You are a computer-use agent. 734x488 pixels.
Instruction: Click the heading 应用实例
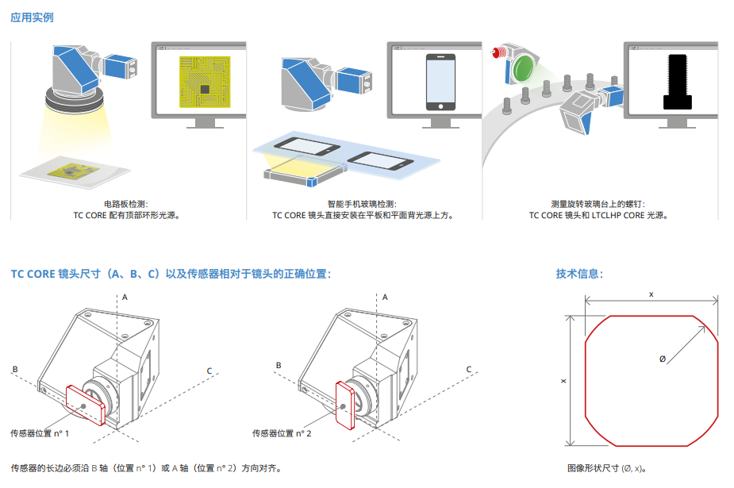[32, 17]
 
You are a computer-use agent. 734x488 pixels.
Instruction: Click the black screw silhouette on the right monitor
[677, 81]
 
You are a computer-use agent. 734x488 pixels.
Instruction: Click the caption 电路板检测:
[126, 204]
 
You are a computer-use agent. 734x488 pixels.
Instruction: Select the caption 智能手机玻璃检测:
[362, 204]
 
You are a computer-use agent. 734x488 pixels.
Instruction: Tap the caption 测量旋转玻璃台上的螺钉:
[598, 204]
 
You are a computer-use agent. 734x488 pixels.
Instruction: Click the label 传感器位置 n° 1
[40, 433]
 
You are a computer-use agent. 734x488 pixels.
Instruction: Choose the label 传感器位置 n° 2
[282, 433]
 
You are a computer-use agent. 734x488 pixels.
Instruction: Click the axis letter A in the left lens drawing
[125, 296]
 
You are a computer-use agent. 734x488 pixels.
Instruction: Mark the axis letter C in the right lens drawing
[469, 370]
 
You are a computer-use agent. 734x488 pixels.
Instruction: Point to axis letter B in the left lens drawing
[14, 369]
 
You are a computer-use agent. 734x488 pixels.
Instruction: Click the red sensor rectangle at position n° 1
[85, 405]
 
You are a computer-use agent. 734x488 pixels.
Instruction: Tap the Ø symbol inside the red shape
[663, 359]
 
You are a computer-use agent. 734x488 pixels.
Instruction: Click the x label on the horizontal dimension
[651, 294]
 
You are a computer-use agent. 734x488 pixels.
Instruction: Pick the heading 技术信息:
[579, 275]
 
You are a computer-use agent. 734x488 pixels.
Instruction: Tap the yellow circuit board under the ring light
[73, 171]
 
